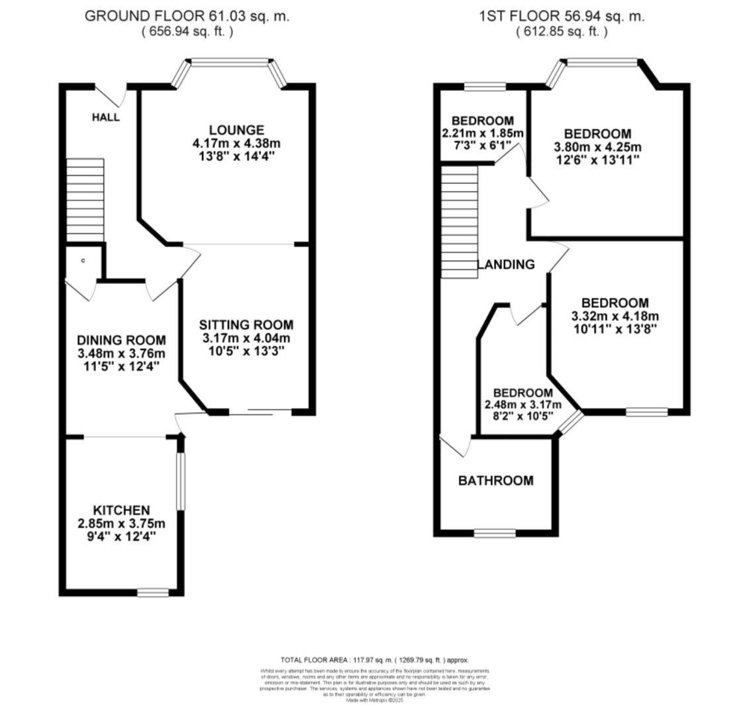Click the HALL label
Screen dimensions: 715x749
tap(106, 117)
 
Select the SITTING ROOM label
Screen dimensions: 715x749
tap(246, 324)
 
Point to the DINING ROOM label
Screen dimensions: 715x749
tap(121, 340)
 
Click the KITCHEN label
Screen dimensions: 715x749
tap(121, 510)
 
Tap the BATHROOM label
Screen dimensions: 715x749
tap(495, 481)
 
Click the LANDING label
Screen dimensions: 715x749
tap(506, 265)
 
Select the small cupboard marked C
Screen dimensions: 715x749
tap(83, 261)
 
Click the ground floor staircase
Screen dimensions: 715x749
tap(85, 200)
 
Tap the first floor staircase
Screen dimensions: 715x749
tap(460, 222)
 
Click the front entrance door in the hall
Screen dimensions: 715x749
tap(110, 95)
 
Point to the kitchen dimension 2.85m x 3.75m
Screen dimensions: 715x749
tap(121, 524)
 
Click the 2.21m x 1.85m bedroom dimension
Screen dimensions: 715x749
tap(482, 133)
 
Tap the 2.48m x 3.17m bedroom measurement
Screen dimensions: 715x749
tap(523, 405)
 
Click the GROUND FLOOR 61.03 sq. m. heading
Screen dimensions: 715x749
tap(187, 17)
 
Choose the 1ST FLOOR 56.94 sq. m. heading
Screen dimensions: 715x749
tap(562, 17)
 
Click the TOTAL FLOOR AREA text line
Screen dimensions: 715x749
tap(374, 660)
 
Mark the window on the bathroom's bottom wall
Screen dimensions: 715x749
tap(495, 533)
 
